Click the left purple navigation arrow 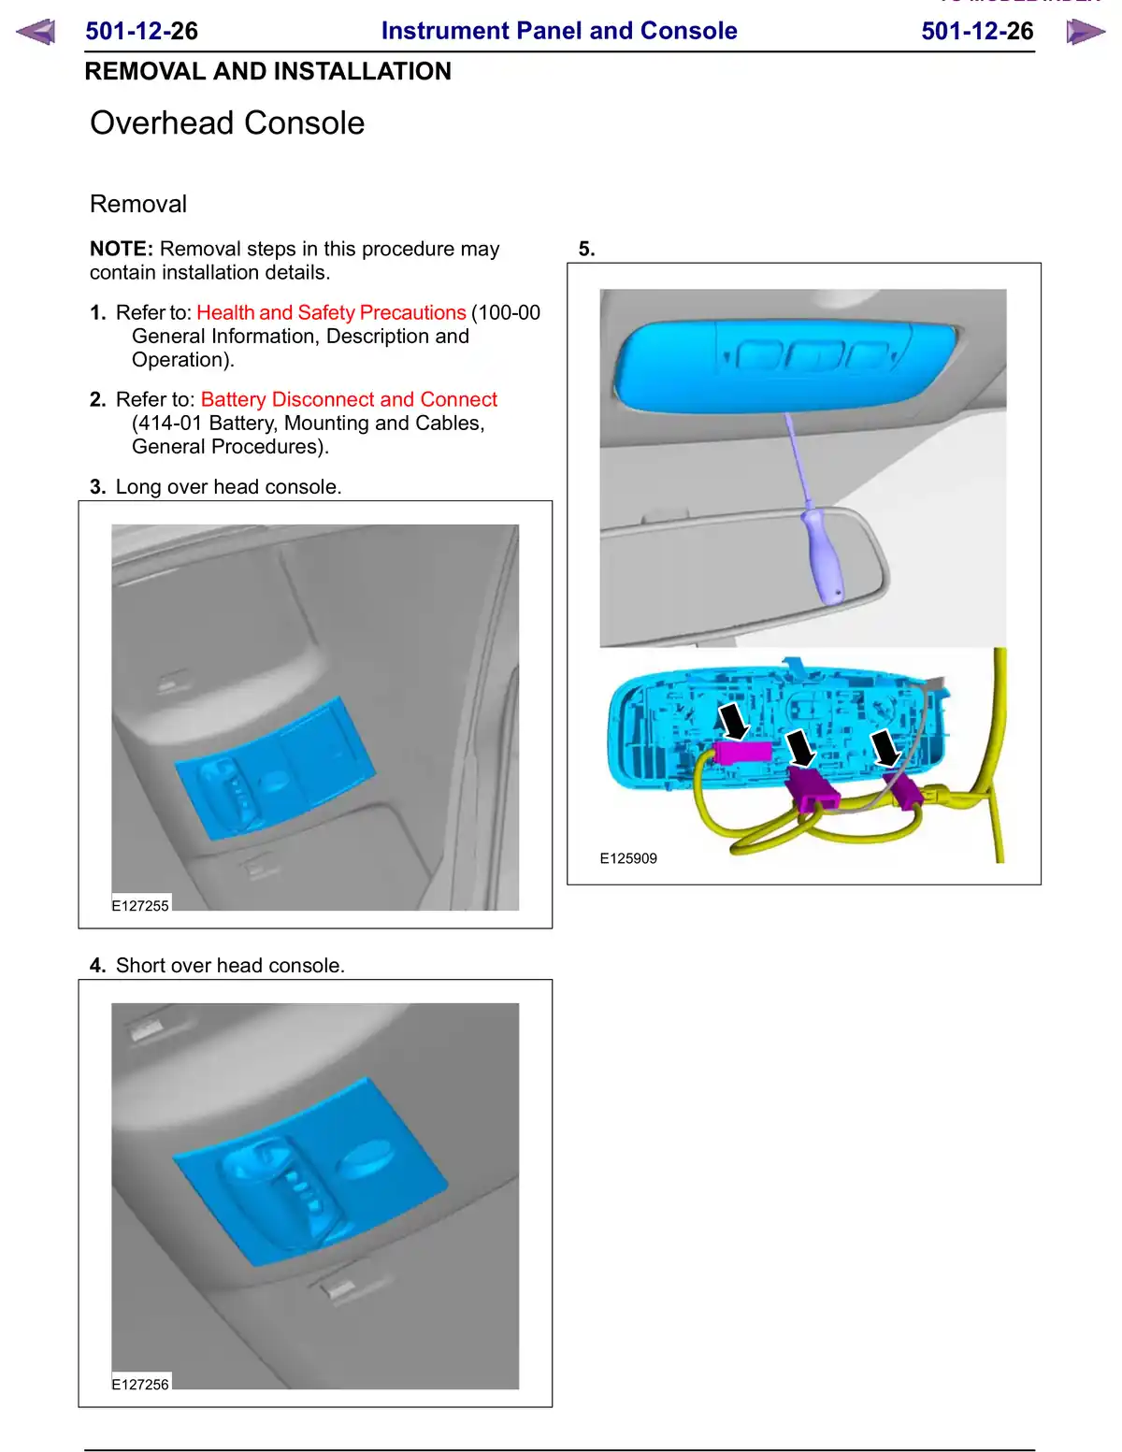pos(36,32)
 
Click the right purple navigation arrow pos(1085,32)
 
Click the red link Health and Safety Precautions pos(331,312)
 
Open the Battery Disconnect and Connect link pos(349,399)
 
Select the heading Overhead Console pos(227,122)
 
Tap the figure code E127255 pos(140,905)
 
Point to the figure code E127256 pos(140,1384)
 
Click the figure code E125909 pos(628,858)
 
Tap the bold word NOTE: pos(122,249)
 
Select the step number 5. pos(586,249)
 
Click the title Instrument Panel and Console pos(559,31)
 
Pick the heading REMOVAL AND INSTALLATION pos(267,71)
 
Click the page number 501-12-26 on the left pos(141,31)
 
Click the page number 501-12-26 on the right pos(977,31)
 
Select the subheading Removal pos(138,204)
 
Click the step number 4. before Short pos(98,965)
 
